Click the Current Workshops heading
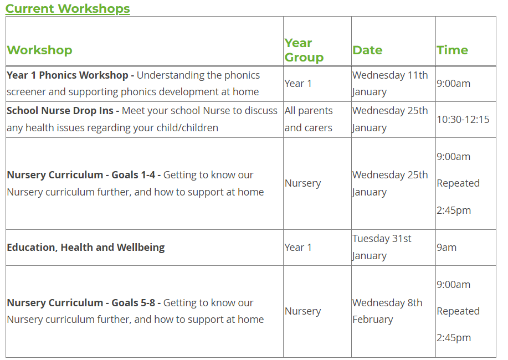(x=68, y=9)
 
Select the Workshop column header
(x=39, y=50)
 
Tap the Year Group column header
(x=304, y=50)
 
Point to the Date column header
(x=367, y=50)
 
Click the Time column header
(x=452, y=50)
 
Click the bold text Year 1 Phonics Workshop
(x=68, y=75)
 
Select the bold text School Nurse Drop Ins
(x=60, y=111)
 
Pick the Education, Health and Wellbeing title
(x=86, y=248)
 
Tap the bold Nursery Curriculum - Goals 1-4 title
(x=81, y=175)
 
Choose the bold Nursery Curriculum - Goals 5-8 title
(x=81, y=303)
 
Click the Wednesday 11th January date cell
(x=390, y=84)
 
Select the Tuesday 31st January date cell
(x=382, y=247)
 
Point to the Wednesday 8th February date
(x=387, y=311)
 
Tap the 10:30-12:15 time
(x=463, y=120)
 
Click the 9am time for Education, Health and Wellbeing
(x=447, y=248)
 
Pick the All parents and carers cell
(x=309, y=119)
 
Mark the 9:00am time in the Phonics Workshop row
(x=453, y=84)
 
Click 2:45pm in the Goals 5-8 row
(x=454, y=338)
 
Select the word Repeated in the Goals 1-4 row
(x=458, y=183)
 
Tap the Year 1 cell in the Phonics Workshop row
(x=298, y=84)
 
